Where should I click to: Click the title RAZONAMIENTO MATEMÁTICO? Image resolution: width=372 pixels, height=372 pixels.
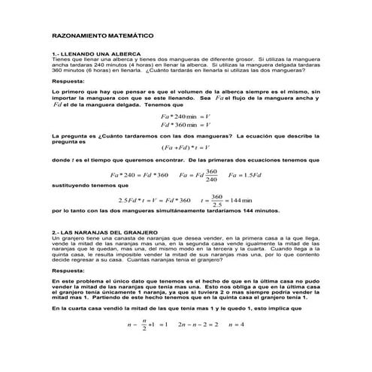pyautogui.click(x=102, y=35)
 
